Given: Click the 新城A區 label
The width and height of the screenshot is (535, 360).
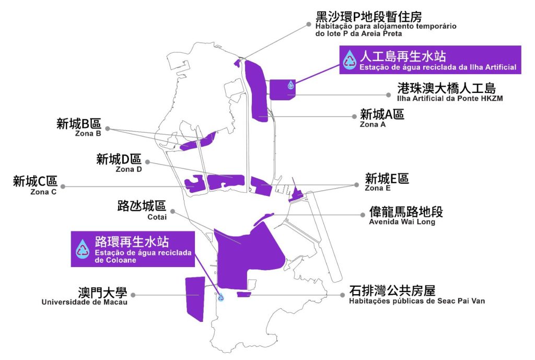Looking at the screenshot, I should point(382,114).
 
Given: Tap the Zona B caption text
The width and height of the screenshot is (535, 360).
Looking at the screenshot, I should point(88,133).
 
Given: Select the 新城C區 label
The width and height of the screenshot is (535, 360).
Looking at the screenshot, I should point(35,182).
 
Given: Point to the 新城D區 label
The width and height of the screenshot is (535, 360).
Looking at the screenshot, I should point(119,159).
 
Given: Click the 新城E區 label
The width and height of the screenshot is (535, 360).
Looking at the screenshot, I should point(387,179).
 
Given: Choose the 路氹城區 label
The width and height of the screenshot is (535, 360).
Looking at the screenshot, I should point(141,206).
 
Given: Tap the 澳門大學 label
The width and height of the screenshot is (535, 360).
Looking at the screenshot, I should point(102,292).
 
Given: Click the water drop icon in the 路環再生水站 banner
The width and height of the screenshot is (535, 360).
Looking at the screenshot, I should point(83,249).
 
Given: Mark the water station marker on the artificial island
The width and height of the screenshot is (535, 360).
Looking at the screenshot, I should point(290,84).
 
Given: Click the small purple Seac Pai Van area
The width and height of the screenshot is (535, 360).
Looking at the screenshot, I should point(243,295).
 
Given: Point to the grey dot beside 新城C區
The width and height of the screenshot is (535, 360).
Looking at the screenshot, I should point(63,186).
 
